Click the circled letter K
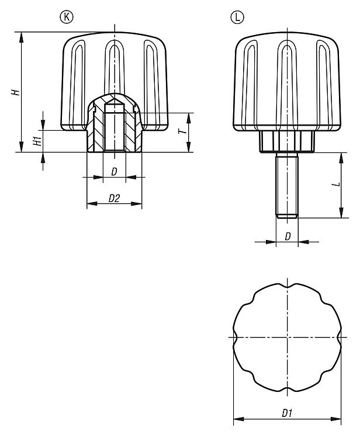(67, 17)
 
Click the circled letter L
(237, 18)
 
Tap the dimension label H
(16, 92)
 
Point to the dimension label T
(182, 131)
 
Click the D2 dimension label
(114, 199)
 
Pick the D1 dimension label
(287, 413)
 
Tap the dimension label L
(337, 185)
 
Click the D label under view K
(114, 172)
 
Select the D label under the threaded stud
(288, 237)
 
